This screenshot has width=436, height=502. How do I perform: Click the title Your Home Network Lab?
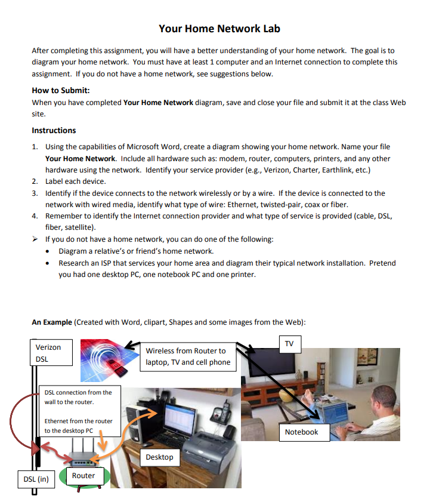click(219, 29)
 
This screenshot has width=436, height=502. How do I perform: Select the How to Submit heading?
click(60, 91)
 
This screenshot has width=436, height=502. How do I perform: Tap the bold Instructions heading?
click(54, 130)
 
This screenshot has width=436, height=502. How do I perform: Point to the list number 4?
click(35, 215)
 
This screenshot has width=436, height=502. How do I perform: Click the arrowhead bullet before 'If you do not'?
click(35, 239)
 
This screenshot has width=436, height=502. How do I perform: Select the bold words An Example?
click(52, 322)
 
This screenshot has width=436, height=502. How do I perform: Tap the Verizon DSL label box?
click(51, 353)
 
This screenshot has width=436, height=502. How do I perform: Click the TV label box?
click(290, 344)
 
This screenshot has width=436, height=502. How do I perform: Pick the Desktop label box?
click(160, 457)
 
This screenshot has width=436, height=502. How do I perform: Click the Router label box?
click(84, 475)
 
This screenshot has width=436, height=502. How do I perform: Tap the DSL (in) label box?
click(35, 479)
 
